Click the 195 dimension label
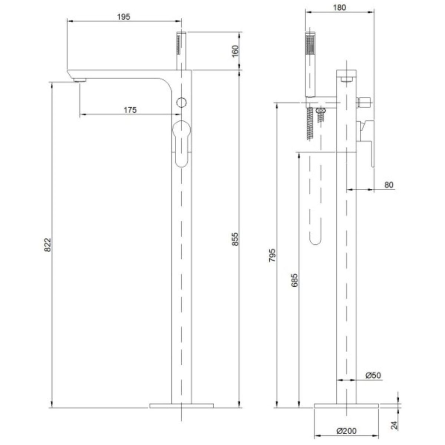(x=123, y=17)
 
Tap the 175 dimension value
(x=130, y=110)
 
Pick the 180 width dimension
(x=339, y=7)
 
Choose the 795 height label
(x=272, y=255)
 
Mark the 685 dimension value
(x=294, y=280)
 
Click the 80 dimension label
(x=389, y=185)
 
